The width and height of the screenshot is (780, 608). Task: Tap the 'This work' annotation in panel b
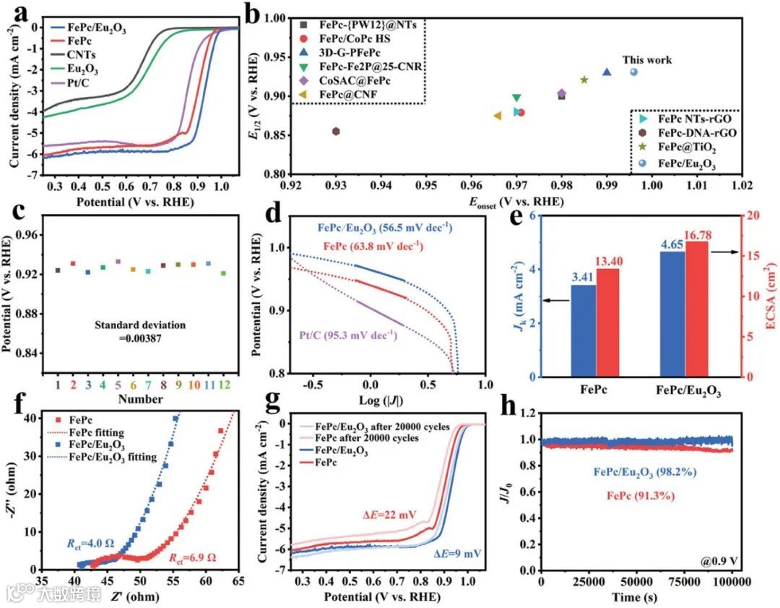[x=648, y=60]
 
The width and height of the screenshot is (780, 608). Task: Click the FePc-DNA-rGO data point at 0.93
[x=336, y=131]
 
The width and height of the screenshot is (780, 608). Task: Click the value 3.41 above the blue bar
[x=583, y=275]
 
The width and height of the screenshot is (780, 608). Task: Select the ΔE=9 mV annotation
[x=458, y=554]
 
